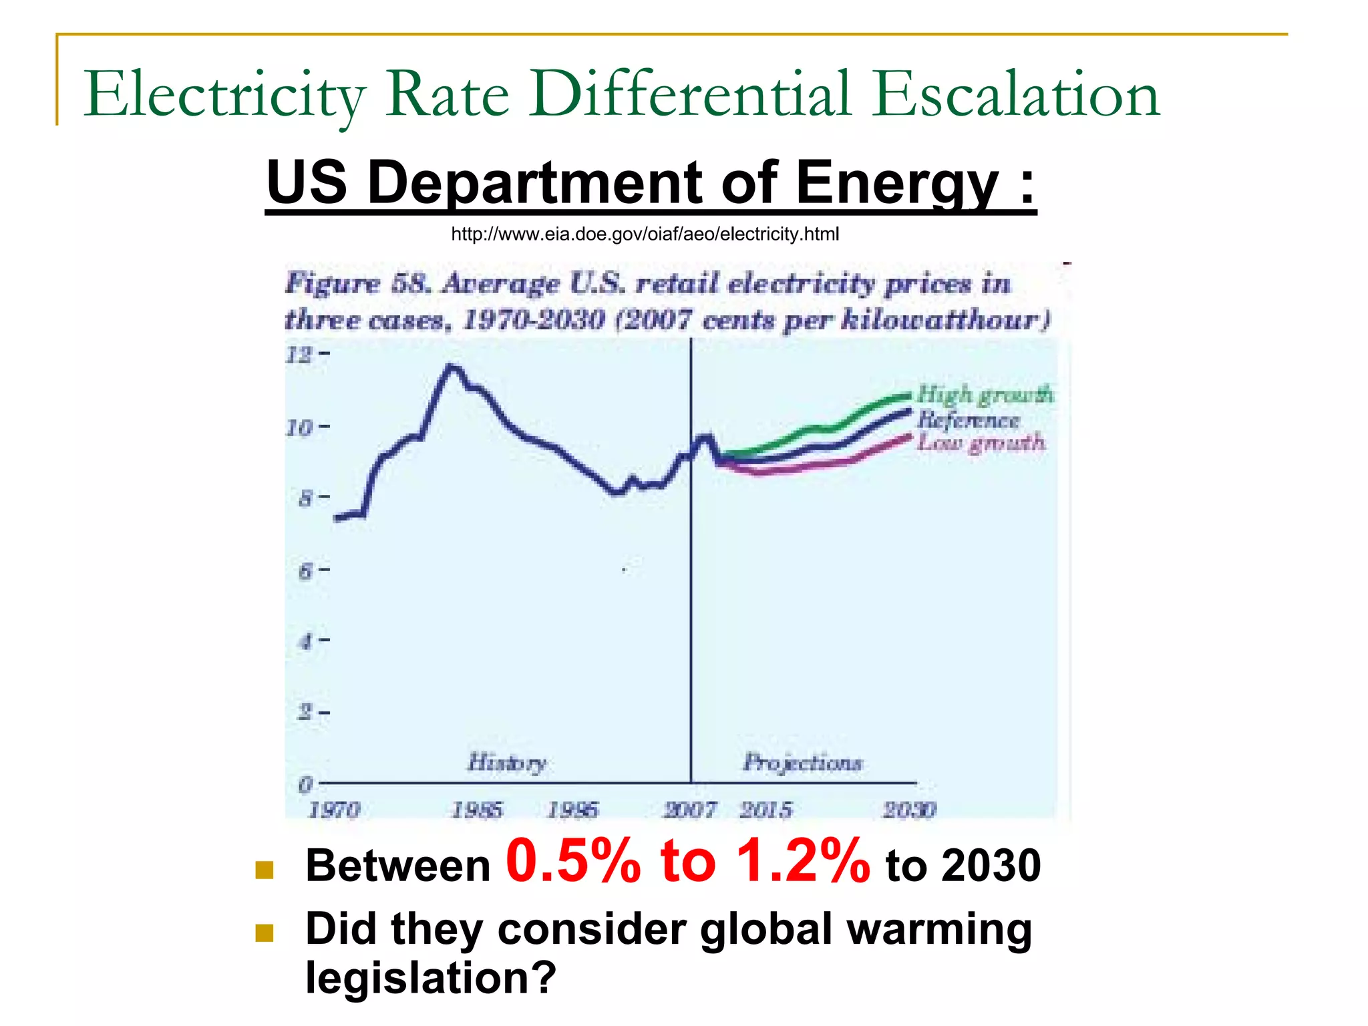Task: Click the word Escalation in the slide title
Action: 1015,96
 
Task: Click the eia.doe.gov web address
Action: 645,234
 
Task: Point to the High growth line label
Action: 985,395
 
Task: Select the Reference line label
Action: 968,420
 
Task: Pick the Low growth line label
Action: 981,443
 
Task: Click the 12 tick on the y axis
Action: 299,354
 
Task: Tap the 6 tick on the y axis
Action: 305,570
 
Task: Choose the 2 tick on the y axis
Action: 305,713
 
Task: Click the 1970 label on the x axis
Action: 334,810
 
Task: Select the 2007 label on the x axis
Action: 689,810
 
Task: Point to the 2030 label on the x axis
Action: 909,810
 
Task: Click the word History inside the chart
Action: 506,763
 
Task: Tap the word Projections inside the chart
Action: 802,763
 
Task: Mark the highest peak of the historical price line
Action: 452,366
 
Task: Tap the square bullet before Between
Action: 265,870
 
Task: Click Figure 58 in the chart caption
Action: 357,284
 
